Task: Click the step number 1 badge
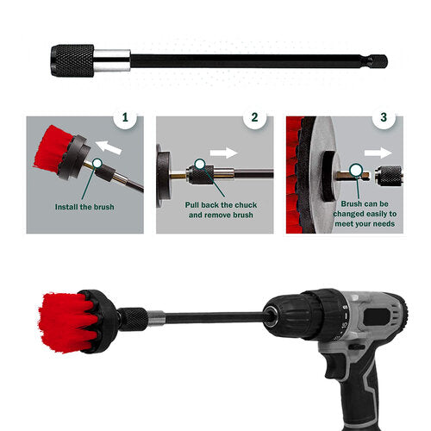tap(125, 118)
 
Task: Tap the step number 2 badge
tap(254, 118)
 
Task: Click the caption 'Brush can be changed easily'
tap(362, 212)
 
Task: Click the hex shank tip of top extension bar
tap(378, 61)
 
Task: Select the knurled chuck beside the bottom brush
tap(134, 319)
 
